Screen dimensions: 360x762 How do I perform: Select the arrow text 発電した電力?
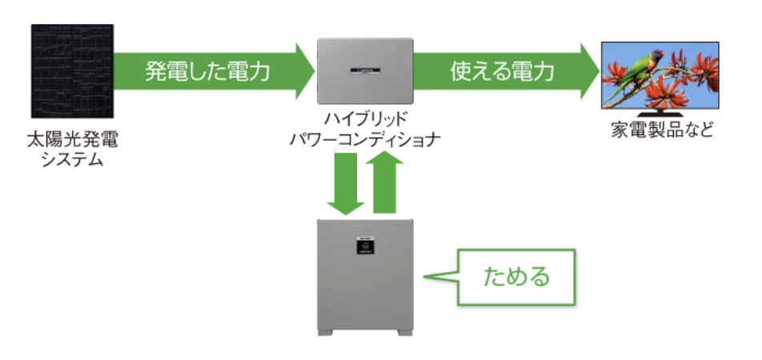(x=207, y=71)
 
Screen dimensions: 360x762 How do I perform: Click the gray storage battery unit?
(x=367, y=276)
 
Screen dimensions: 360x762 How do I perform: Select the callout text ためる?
(x=517, y=278)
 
